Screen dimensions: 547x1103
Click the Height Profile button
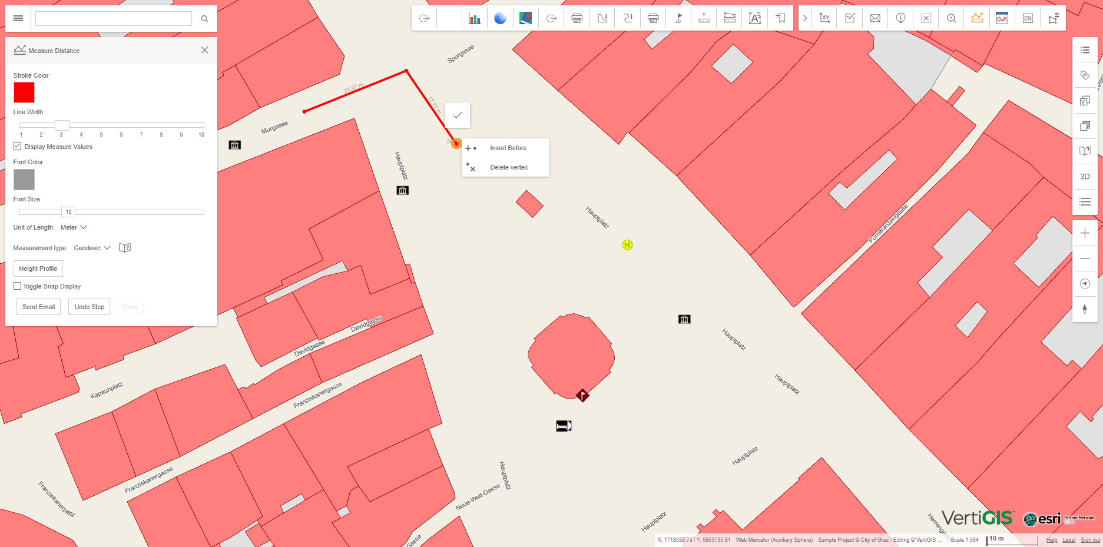click(38, 268)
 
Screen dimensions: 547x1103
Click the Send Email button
click(38, 307)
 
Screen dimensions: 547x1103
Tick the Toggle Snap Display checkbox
click(18, 286)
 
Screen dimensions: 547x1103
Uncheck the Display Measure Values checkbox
click(18, 147)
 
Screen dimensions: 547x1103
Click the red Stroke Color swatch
click(24, 92)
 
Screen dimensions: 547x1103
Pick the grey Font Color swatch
click(24, 180)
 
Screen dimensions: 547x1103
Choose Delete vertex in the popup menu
click(508, 167)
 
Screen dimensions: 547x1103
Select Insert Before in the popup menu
click(508, 148)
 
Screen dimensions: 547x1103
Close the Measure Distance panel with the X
click(204, 50)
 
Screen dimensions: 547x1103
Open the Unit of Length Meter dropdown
click(74, 227)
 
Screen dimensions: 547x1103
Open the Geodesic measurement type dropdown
click(92, 248)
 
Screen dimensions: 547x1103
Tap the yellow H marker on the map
click(627, 245)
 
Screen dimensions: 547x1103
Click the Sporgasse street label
click(461, 54)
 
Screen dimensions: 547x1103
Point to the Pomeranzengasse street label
click(888, 224)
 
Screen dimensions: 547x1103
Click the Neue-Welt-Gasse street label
click(478, 498)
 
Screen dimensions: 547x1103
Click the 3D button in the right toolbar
click(1085, 177)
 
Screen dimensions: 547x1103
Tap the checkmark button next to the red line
click(458, 115)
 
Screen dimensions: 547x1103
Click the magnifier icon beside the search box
click(204, 19)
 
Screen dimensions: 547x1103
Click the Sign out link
click(1090, 540)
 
